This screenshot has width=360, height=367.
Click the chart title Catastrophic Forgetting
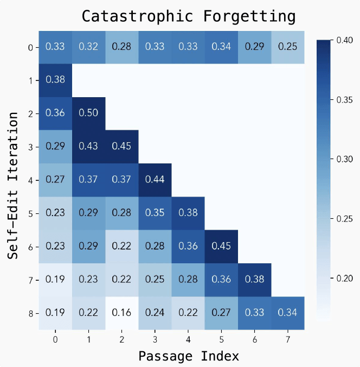pos(189,16)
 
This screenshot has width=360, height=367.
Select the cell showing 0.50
pos(88,113)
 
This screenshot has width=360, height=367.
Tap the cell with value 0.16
pos(121,313)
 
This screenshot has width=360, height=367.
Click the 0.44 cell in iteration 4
pos(155,180)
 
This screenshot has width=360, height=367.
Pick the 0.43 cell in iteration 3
pos(88,147)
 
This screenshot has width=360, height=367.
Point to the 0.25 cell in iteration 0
pos(287,47)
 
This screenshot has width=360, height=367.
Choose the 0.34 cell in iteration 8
pos(287,313)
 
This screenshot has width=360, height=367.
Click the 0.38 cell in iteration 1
pos(55,80)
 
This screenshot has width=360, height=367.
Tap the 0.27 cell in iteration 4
pos(55,180)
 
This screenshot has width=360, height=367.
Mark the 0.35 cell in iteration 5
pos(155,213)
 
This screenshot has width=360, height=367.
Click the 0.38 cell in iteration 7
pos(254,280)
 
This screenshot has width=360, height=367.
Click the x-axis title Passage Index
pos(188,356)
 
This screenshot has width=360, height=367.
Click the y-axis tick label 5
pos(30,213)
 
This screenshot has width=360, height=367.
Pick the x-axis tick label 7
pos(287,339)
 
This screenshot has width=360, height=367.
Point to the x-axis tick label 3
pos(155,339)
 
